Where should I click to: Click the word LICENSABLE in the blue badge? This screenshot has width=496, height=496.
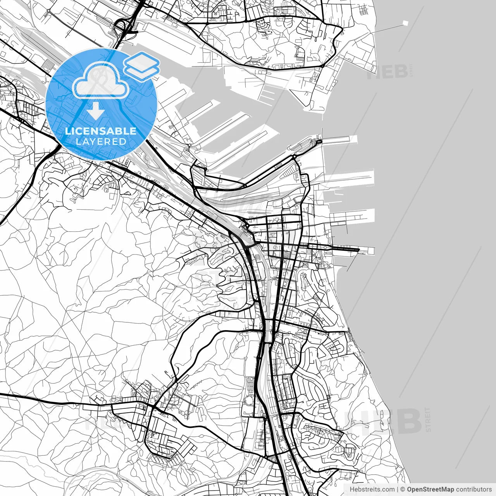(101, 131)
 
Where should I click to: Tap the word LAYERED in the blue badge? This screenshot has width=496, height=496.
(101, 141)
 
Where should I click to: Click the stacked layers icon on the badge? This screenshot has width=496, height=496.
(142, 66)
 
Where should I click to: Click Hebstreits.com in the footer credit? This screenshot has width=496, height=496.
(372, 489)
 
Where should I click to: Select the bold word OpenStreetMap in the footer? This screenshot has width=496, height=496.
(431, 489)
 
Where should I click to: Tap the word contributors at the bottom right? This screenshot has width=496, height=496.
(474, 489)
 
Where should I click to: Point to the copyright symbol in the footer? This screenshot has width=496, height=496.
(403, 489)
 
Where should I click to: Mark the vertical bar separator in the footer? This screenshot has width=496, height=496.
(398, 489)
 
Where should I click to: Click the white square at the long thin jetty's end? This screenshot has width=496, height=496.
(406, 23)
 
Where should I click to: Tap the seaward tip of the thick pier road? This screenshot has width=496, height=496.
(359, 250)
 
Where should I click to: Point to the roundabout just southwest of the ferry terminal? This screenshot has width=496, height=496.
(294, 157)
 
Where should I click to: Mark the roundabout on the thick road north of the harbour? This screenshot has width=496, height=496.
(322, 66)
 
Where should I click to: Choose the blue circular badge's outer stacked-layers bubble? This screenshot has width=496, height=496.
(142, 66)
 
